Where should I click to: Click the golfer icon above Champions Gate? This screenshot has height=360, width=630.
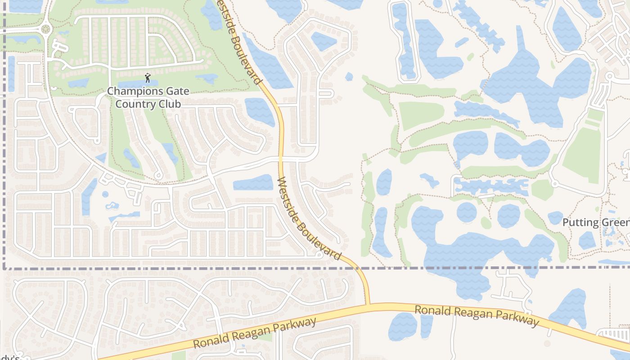[148, 78]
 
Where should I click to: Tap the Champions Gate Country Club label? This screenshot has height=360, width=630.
[148, 97]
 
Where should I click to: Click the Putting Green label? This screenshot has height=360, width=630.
[596, 222]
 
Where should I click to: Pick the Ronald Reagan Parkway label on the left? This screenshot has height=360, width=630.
[255, 333]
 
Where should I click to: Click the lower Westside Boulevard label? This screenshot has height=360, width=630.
[309, 218]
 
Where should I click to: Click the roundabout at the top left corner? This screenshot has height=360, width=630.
[45, 29]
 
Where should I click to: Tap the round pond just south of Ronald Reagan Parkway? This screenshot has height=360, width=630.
[403, 327]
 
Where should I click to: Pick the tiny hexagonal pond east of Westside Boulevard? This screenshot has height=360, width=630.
[349, 76]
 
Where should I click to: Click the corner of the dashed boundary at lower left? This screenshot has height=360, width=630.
[4, 268]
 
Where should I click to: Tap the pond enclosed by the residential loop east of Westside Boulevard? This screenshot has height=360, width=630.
[324, 41]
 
